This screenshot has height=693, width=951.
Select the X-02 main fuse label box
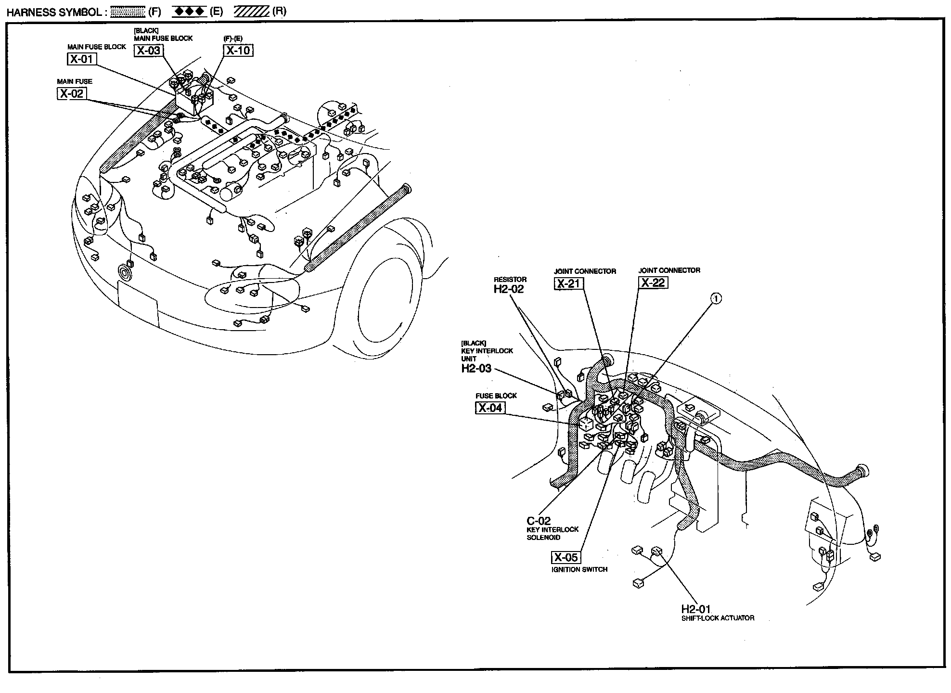pos(72,93)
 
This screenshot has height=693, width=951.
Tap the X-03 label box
pos(148,51)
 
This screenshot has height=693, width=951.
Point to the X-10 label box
pos(238,51)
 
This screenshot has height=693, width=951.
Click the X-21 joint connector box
pos(568,283)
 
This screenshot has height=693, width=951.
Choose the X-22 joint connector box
pos(653,282)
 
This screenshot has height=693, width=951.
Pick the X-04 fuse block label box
pos(490,408)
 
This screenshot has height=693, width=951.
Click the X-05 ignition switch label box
pos(565,557)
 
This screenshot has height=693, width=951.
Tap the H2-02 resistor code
pos(509,289)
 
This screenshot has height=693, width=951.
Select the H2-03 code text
pos(476,369)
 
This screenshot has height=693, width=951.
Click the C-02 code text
pos(539,521)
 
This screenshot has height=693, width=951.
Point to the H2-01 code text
pos(695,609)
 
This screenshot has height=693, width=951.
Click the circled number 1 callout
pos(716,299)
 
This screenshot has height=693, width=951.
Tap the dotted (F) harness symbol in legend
pos(128,12)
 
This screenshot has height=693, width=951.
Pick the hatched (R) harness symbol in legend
pos(251,12)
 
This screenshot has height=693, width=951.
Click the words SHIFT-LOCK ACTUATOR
pos(718,618)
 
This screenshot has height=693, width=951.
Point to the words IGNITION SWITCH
pos(579,569)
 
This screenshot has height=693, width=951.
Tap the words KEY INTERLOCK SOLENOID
pos(553,533)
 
